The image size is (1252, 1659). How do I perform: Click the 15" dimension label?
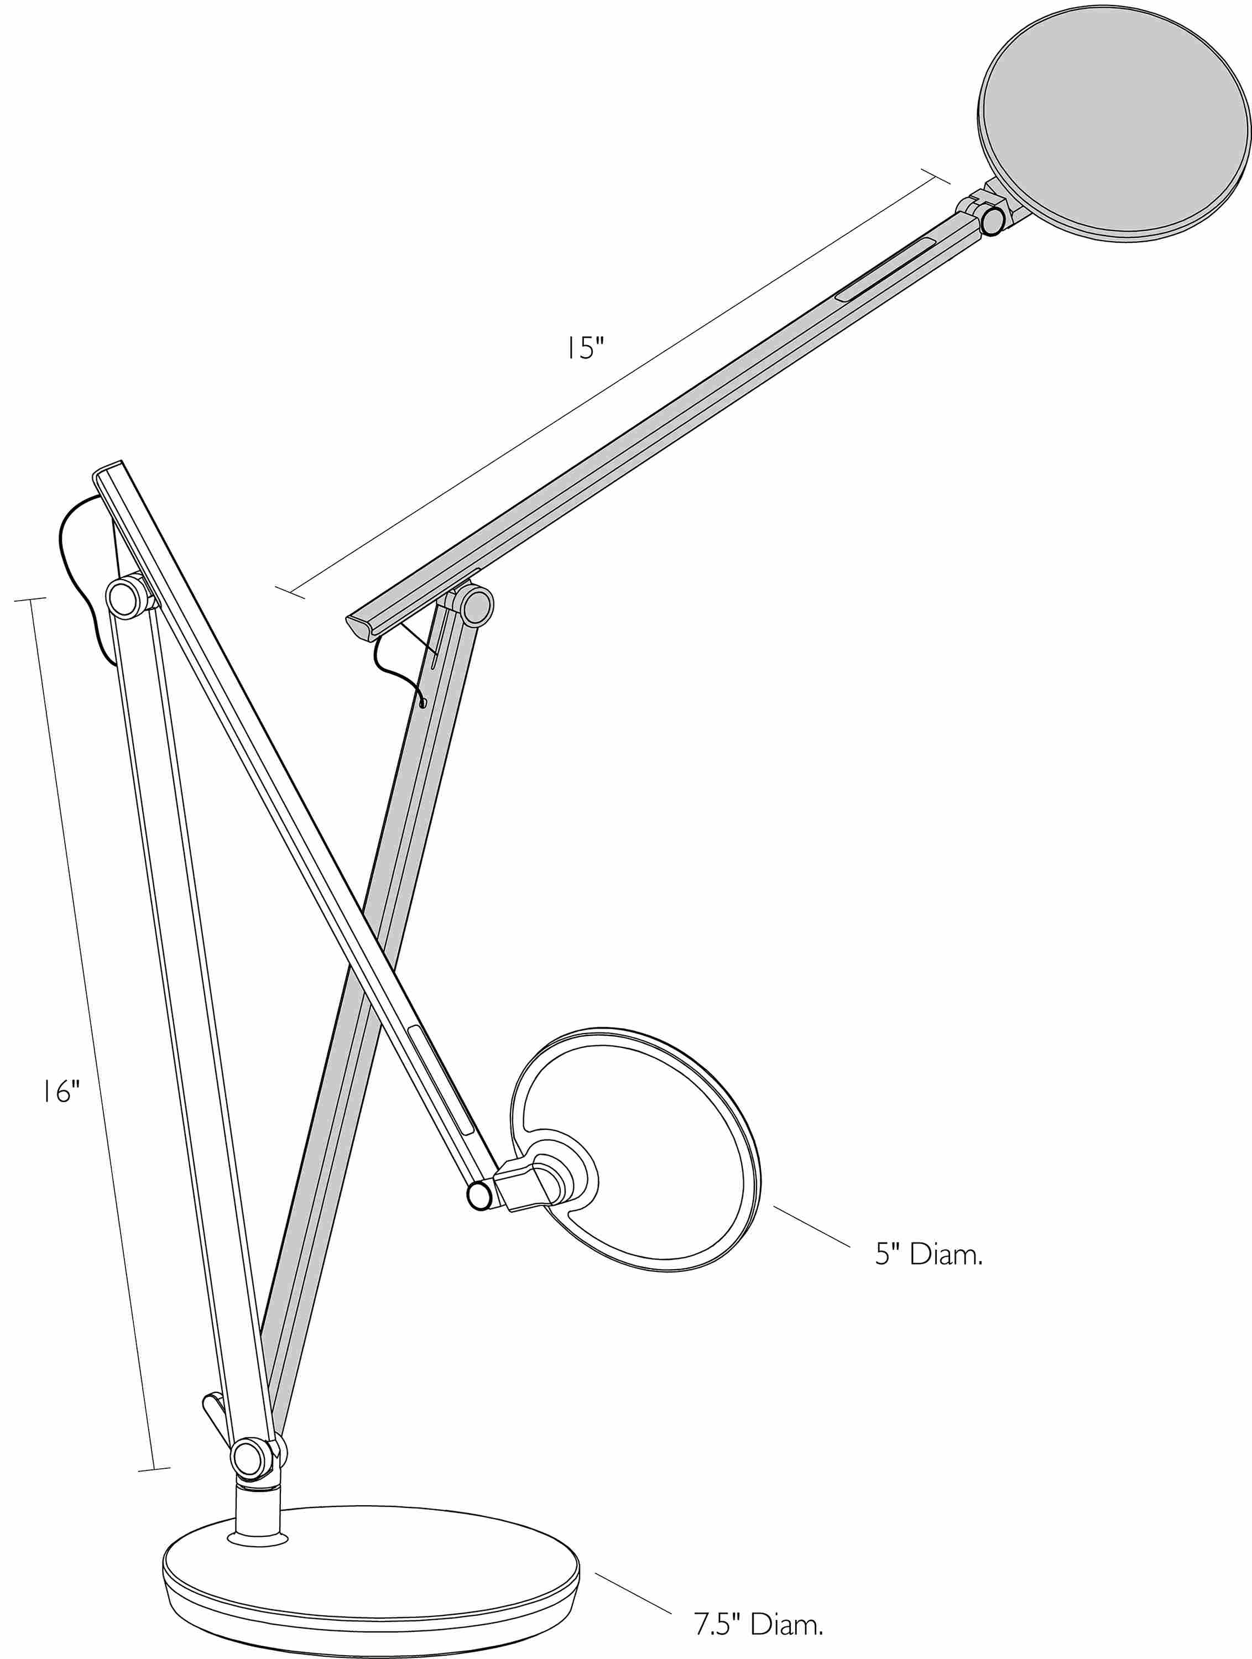[585, 348]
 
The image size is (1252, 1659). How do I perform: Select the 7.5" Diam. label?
[758, 1624]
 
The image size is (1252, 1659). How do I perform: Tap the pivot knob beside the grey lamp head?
[993, 221]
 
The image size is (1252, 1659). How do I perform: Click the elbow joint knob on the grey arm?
[477, 606]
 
